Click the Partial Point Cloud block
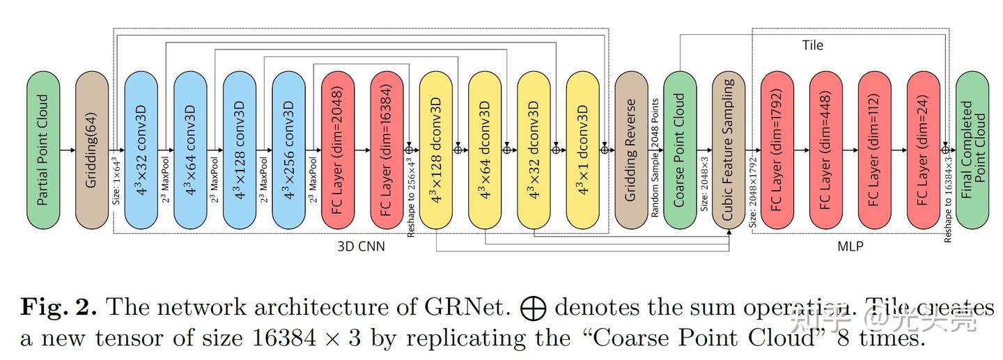(43, 150)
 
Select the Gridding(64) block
(92, 150)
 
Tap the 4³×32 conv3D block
(141, 150)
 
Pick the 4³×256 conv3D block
(289, 150)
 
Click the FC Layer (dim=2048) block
(338, 150)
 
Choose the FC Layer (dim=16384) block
(387, 150)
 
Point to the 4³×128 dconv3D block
(436, 150)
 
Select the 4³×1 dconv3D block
(583, 150)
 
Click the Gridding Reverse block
(631, 150)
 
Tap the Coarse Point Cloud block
(680, 150)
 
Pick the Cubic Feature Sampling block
(729, 150)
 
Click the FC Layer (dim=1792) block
(777, 150)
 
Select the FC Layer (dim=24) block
(924, 150)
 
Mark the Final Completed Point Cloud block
(972, 150)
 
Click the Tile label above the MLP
(812, 45)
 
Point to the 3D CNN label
(361, 246)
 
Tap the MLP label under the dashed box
(850, 246)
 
